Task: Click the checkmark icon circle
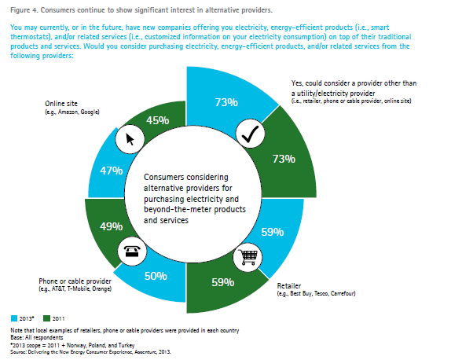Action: tap(250, 134)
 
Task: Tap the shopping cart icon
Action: tap(247, 257)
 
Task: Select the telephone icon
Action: tap(132, 252)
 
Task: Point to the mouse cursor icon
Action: tap(130, 139)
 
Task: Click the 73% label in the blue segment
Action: tap(226, 102)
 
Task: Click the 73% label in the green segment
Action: tap(284, 159)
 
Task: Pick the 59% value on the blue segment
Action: tap(273, 232)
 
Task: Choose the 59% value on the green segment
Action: tap(223, 282)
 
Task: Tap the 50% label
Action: tap(156, 276)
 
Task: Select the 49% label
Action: tap(112, 226)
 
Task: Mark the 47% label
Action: tap(112, 171)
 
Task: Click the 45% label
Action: tap(158, 120)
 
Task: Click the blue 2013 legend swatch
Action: tap(14, 318)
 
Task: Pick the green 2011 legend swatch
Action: tap(46, 318)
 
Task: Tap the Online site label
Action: tap(61, 104)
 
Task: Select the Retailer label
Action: tap(289, 286)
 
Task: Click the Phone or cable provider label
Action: tap(75, 281)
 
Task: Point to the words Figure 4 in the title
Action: tap(24, 10)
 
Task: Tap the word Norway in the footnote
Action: tap(77, 345)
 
